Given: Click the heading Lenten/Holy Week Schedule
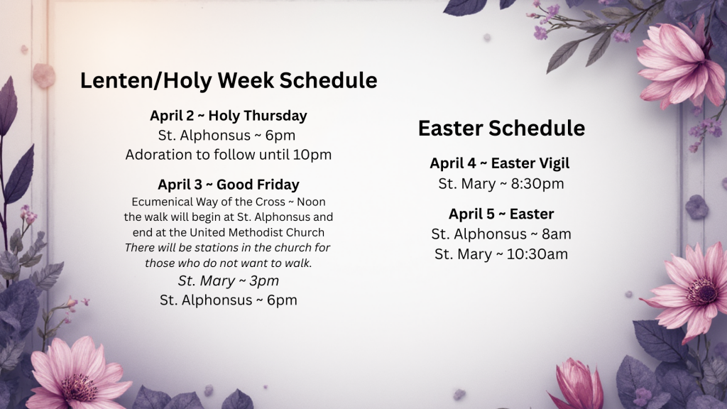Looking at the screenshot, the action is [229, 80].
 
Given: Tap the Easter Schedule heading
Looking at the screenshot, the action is [501, 128].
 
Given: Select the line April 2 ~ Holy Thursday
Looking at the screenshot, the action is [228, 116].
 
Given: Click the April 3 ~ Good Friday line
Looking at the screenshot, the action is [229, 185].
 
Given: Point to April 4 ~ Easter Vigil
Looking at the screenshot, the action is [499, 163].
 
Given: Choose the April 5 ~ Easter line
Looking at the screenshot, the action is [501, 214].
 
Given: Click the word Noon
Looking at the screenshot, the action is [311, 202].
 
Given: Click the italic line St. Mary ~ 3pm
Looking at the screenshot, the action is [229, 281].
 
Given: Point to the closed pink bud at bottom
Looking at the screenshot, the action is [576, 384].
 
